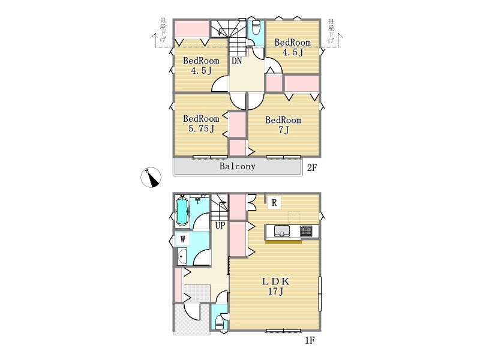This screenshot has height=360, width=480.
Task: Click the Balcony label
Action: (237, 166)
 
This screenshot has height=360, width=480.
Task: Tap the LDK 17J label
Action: (275, 286)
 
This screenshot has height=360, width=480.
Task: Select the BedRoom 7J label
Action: (283, 125)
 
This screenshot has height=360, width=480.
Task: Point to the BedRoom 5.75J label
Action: (201, 124)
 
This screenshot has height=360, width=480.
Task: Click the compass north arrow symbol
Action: (151, 177)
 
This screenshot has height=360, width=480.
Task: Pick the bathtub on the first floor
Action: (182, 211)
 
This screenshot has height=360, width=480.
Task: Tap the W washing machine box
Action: (183, 239)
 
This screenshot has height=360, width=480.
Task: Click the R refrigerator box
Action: (274, 202)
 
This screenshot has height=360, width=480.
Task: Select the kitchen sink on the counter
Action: (282, 231)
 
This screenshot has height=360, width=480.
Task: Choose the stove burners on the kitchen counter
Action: (306, 231)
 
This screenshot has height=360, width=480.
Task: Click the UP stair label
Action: (220, 226)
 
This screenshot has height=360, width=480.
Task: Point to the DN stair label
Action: (236, 61)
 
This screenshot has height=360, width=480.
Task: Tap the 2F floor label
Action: (312, 168)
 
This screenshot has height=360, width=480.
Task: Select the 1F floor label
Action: (310, 340)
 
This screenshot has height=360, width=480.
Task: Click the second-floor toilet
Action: (256, 28)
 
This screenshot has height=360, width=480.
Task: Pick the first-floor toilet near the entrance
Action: (220, 322)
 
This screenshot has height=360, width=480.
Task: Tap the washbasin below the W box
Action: (182, 257)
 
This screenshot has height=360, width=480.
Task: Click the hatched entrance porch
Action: (191, 319)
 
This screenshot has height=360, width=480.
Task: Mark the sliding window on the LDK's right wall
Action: (320, 294)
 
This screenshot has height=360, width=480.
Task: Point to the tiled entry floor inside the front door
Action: (197, 293)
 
